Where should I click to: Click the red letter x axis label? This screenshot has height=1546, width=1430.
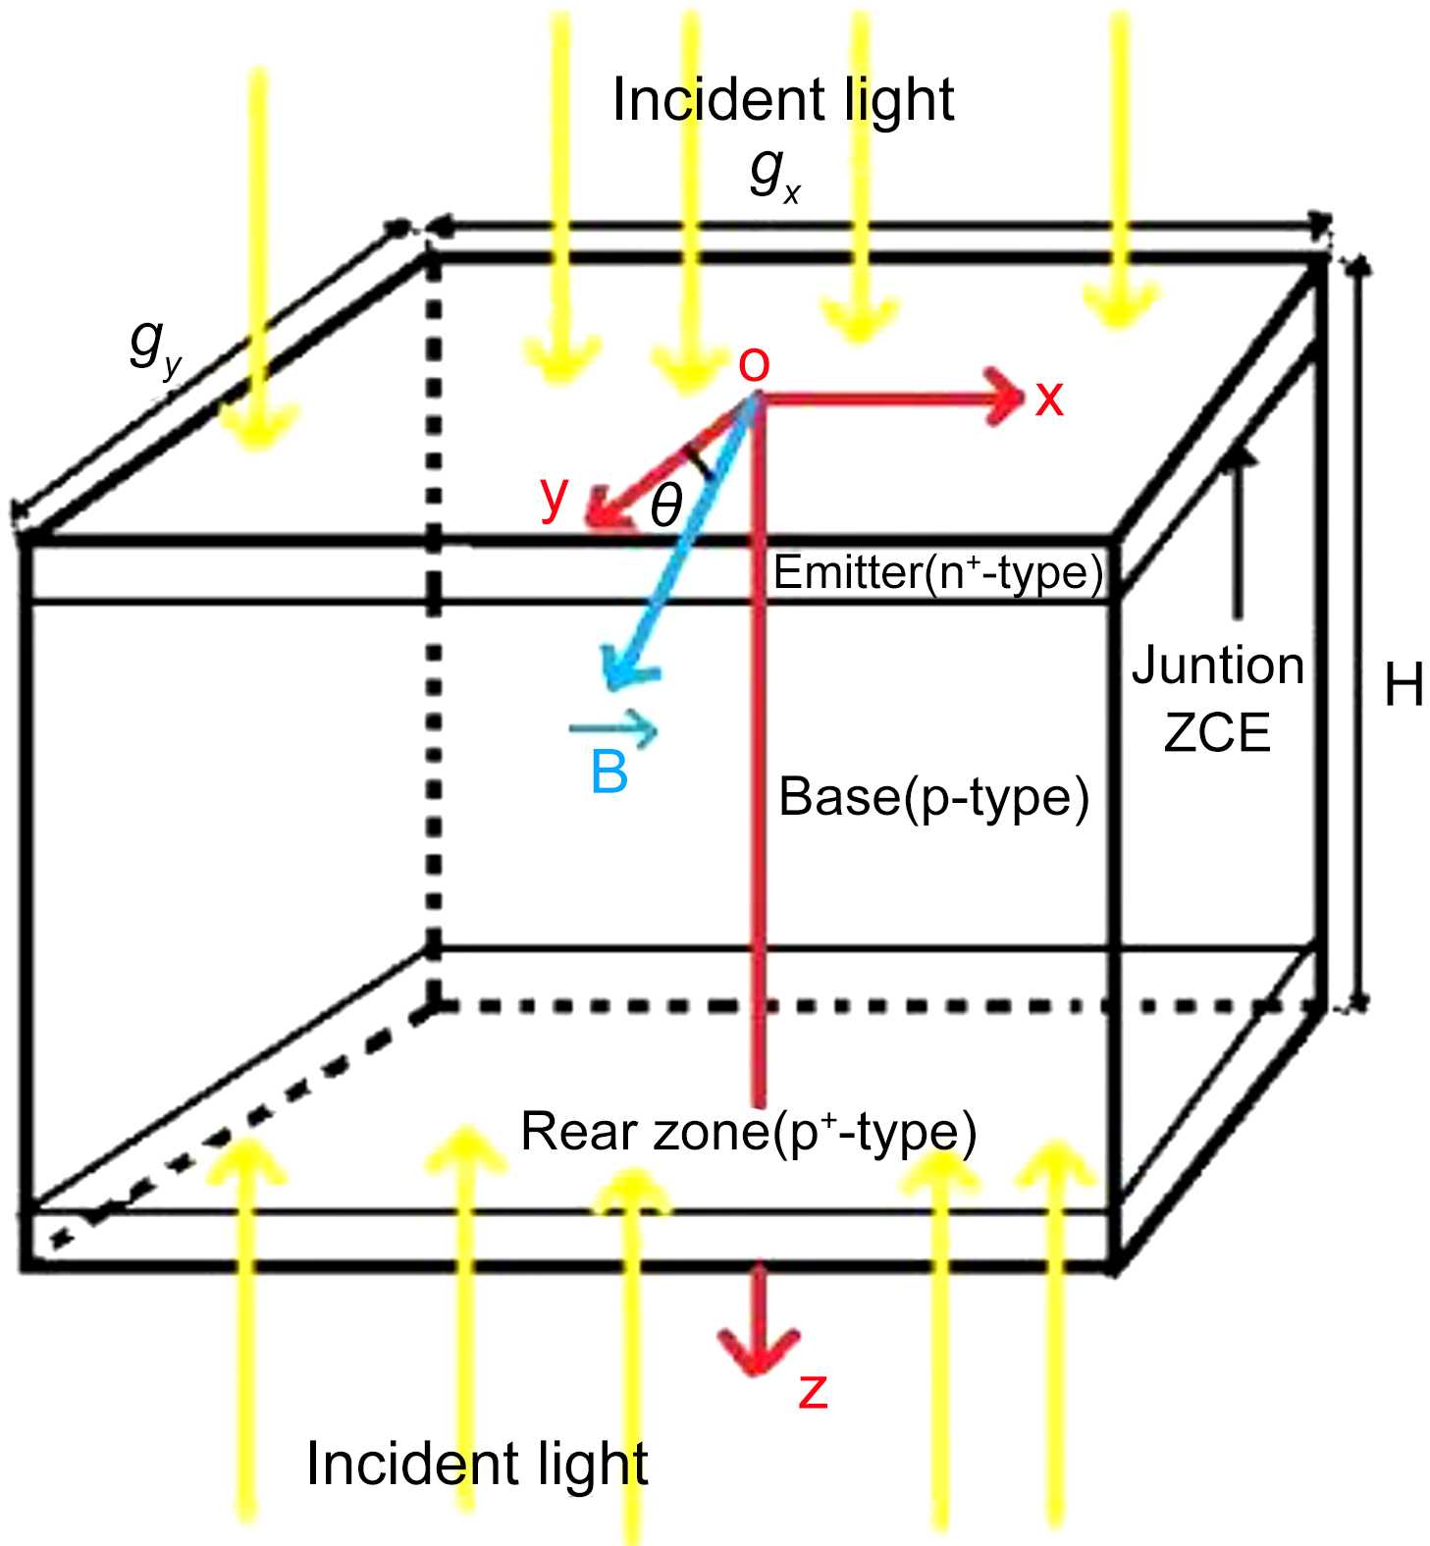coord(1049,399)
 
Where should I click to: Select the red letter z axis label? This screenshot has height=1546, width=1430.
coord(814,1392)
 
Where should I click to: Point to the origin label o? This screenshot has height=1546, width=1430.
coord(754,364)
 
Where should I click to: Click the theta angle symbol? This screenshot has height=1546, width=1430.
coord(665,506)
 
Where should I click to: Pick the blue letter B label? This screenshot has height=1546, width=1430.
coord(609,772)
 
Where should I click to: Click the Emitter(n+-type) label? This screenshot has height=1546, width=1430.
coord(937,572)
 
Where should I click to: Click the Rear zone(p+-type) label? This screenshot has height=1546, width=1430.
coord(748,1131)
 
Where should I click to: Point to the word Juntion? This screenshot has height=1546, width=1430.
coord(1218,666)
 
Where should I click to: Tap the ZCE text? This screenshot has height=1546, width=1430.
coord(1217,732)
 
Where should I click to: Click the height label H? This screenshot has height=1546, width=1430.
coord(1404,684)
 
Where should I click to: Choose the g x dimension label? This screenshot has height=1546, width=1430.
coord(774,174)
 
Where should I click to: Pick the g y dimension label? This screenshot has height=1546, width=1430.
coord(155,346)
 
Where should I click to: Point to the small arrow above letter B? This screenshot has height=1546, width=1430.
coord(614,728)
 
